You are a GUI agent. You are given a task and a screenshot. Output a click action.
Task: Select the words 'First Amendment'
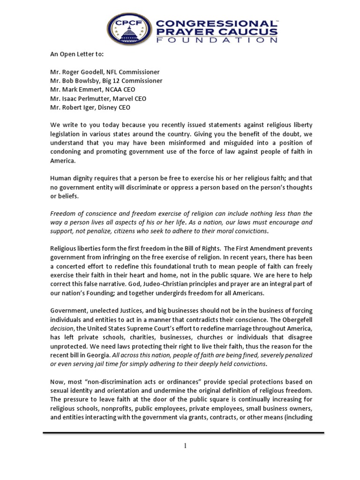247,248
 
